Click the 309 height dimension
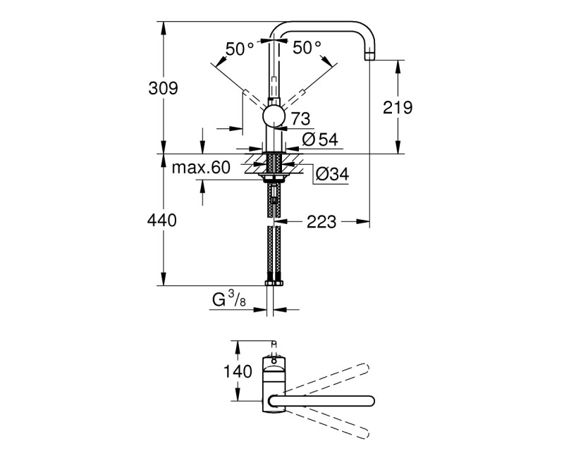163,89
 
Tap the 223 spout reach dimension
321,223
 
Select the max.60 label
202,168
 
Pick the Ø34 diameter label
330,173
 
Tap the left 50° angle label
240,49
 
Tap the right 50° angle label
307,48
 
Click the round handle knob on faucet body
274,118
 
